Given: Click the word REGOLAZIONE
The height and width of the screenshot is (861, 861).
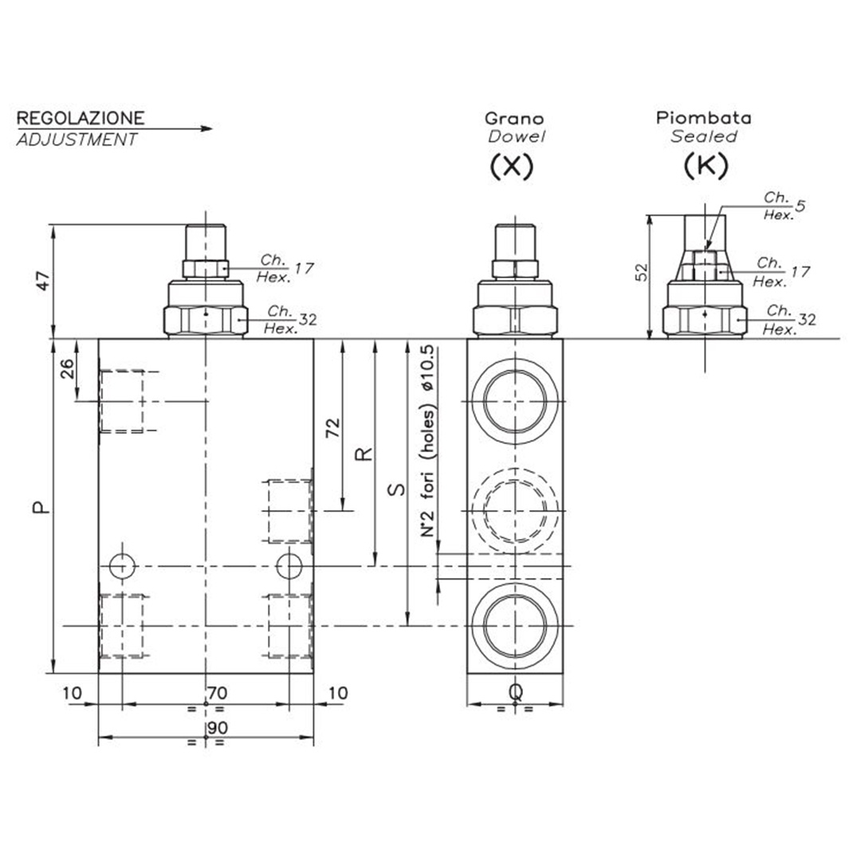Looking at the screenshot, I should (x=81, y=118).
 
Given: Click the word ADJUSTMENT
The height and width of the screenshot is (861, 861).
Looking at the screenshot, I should (x=76, y=140).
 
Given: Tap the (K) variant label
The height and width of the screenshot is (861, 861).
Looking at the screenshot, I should (x=705, y=166).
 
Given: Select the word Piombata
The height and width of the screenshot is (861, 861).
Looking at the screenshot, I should (x=703, y=118).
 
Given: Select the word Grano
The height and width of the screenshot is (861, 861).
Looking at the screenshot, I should (x=515, y=118).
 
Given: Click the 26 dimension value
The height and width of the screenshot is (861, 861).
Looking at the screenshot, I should (x=68, y=369).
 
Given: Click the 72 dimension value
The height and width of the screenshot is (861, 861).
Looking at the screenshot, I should (x=334, y=428).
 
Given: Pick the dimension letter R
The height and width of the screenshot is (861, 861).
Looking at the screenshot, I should (x=364, y=454).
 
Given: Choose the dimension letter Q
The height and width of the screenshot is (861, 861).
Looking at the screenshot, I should (x=515, y=694).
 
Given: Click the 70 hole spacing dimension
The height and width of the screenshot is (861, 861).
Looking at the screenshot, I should (x=218, y=693).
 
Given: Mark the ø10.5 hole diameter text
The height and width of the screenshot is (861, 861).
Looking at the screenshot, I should (x=430, y=368).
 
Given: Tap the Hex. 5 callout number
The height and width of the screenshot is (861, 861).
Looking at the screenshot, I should (x=800, y=205).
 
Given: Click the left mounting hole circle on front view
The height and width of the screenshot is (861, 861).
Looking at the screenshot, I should (x=121, y=565).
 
